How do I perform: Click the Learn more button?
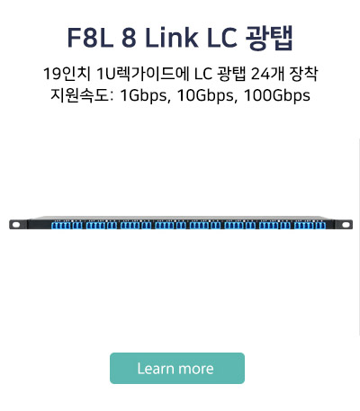point(177,368)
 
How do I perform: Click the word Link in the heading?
point(171,38)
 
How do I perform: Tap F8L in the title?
point(90,38)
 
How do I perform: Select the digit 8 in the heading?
point(129,38)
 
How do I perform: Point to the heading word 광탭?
point(269,39)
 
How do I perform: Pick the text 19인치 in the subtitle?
point(67,74)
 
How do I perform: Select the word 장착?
point(303,74)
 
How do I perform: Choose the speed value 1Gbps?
point(145,96)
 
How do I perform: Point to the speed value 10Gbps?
point(207,96)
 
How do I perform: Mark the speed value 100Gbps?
point(277,96)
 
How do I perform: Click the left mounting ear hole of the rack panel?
point(15,225)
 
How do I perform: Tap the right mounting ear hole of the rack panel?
point(346,225)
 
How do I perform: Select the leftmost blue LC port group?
point(67,225)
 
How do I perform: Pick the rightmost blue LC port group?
point(310,225)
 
